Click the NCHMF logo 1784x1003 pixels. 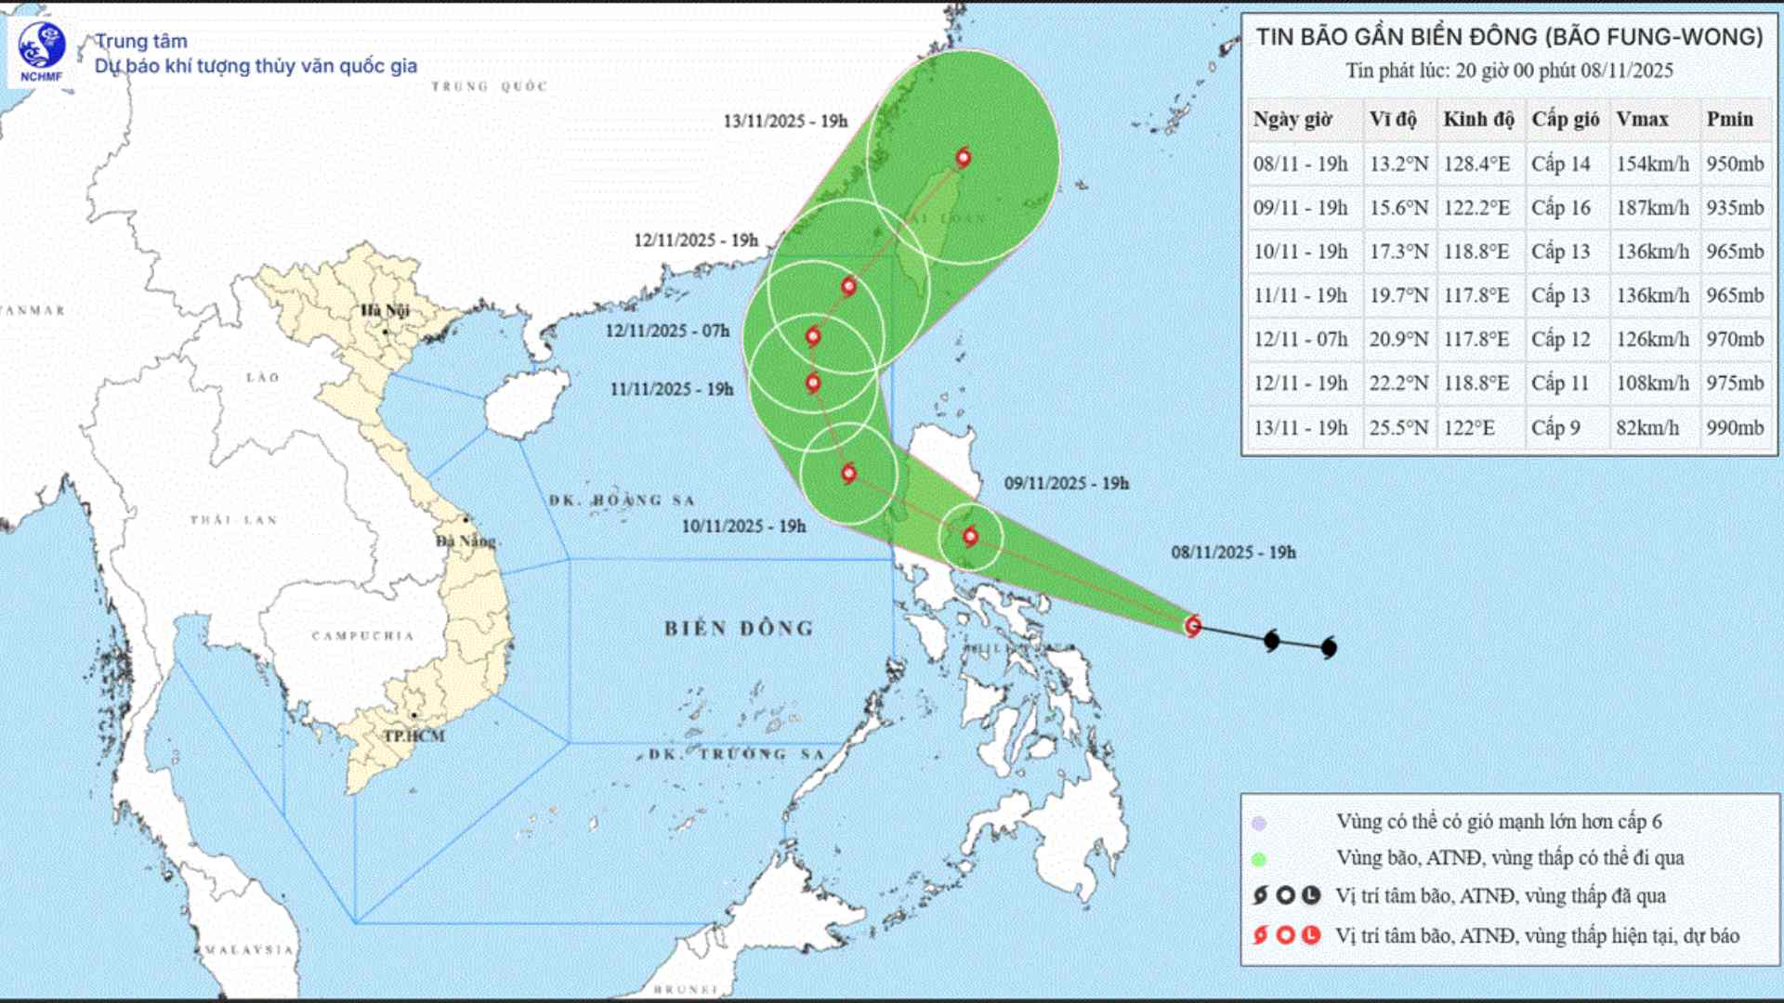(41, 50)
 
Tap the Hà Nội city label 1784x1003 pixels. (385, 310)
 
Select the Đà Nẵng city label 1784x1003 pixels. (466, 541)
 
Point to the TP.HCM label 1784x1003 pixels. (414, 736)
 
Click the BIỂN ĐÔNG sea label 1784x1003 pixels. (739, 629)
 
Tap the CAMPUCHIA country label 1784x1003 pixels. (362, 636)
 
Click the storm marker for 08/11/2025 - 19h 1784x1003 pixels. (1193, 626)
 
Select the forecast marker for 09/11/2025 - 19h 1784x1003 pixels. (971, 537)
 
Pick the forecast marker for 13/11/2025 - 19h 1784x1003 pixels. (964, 158)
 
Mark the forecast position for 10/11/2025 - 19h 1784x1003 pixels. (848, 474)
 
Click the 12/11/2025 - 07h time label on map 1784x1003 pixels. (667, 332)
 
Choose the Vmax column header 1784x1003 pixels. (1642, 119)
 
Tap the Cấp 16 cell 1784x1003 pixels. (1561, 208)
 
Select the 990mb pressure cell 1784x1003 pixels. (1735, 428)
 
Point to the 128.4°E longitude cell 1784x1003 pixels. (1476, 164)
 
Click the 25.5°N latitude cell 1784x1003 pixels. (1397, 428)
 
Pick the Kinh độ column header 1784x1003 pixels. (1478, 119)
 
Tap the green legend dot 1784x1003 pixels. (1259, 859)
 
